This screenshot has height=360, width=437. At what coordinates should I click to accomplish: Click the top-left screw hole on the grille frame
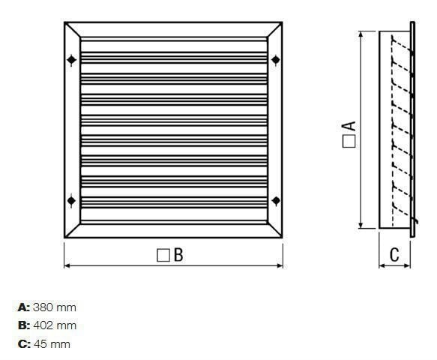point(72,60)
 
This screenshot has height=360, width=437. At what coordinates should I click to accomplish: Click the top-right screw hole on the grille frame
point(276,60)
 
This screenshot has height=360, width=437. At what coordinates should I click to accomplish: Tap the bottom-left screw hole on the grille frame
point(72,200)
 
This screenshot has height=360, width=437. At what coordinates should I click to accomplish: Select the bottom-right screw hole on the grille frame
point(276,200)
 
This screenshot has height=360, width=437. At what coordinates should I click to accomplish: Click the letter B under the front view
point(178,255)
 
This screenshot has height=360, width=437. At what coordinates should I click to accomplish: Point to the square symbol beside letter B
point(163,255)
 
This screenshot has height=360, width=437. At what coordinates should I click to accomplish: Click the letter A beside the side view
point(349,126)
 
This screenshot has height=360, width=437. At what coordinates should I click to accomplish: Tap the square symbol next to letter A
point(349,142)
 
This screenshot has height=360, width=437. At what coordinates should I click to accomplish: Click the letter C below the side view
point(394,254)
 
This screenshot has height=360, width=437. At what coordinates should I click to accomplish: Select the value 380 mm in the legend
point(55,307)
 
